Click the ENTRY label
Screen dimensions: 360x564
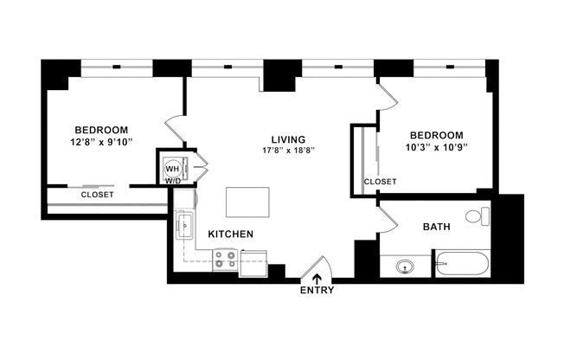click(317, 291)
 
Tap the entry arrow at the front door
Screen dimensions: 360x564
click(317, 278)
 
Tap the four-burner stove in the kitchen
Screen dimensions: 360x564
click(225, 260)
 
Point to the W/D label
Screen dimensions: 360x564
click(173, 182)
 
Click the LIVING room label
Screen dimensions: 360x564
click(288, 138)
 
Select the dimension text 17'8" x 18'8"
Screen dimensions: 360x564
click(288, 150)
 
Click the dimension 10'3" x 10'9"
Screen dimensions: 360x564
click(436, 147)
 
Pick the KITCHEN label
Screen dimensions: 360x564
click(230, 235)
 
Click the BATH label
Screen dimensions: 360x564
click(435, 228)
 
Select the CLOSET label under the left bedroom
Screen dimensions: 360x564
click(97, 195)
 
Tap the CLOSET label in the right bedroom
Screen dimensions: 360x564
click(380, 182)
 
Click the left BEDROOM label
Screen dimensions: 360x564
click(100, 128)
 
